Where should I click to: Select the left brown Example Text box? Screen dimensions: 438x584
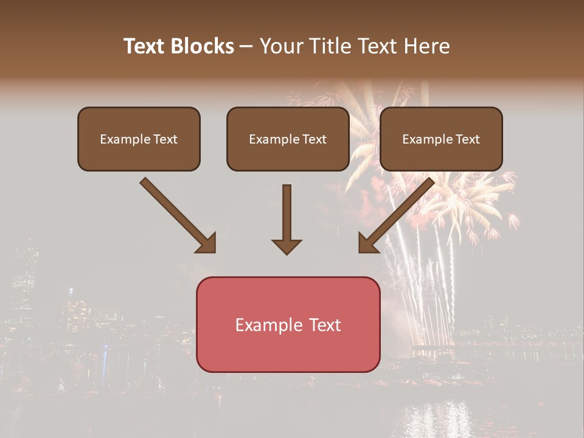click(x=139, y=139)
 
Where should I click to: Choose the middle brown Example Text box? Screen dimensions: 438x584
click(x=288, y=139)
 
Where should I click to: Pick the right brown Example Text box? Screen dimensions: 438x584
click(x=441, y=139)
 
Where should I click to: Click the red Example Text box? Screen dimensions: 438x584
click(x=288, y=324)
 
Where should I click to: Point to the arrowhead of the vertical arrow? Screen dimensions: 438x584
click(x=287, y=246)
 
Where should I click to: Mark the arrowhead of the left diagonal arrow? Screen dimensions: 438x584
click(x=207, y=243)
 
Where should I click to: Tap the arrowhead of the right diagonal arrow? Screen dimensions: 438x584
click(x=367, y=243)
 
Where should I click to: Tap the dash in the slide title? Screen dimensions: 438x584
click(x=246, y=46)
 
